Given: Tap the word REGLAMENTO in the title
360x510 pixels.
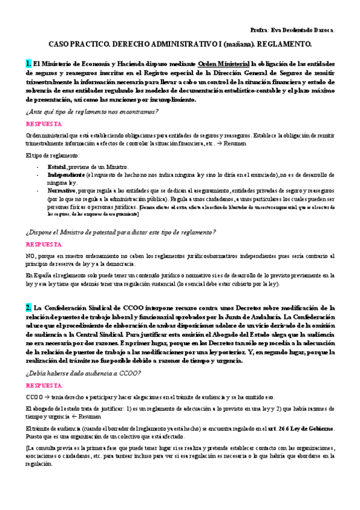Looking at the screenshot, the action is (x=282, y=45).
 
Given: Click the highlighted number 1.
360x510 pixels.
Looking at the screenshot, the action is (x=28, y=63).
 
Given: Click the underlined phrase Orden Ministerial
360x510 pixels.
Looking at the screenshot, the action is (x=224, y=63).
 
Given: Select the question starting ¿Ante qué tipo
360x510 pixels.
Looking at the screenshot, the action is (x=84, y=112).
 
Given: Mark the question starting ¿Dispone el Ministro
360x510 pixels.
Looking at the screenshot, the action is (x=121, y=232).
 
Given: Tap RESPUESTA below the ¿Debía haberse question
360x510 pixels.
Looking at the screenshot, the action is (x=44, y=384).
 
